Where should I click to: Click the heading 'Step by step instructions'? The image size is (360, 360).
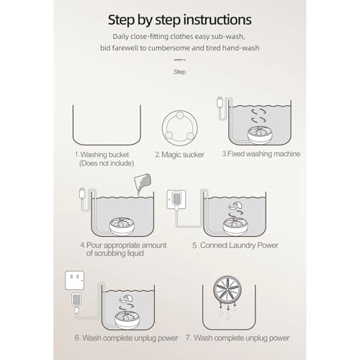tap(180, 20)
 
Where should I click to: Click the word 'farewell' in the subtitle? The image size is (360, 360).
tap(125, 48)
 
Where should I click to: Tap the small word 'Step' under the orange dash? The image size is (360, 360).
tap(179, 72)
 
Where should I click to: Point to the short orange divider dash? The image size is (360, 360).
tap(180, 60)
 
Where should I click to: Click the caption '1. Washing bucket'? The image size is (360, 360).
tap(102, 155)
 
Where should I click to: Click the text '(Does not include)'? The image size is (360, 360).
tap(107, 163)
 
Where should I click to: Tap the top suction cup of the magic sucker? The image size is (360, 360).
tap(180, 115)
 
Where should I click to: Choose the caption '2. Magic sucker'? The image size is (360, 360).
tap(180, 155)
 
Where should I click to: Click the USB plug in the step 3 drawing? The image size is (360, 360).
tap(220, 102)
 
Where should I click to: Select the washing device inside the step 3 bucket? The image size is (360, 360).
tap(260, 135)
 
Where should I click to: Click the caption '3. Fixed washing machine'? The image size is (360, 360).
tap(261, 154)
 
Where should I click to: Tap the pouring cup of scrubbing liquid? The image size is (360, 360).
tap(143, 181)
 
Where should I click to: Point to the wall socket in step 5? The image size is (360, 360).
tap(176, 199)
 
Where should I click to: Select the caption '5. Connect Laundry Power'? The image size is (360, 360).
tap(235, 246)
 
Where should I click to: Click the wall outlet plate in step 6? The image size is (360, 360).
tap(75, 280)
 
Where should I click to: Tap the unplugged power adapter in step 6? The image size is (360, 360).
tap(76, 301)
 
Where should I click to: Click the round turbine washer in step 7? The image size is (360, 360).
tap(228, 289)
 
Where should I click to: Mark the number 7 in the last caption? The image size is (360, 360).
tap(188, 338)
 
